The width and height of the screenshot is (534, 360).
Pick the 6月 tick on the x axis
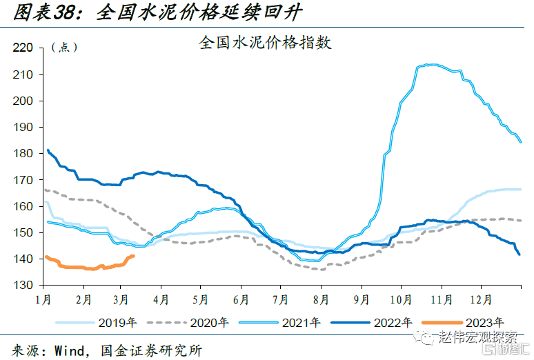pos(241,300)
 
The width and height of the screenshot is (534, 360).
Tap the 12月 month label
pos(481,300)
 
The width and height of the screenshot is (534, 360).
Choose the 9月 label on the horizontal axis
pos(361,300)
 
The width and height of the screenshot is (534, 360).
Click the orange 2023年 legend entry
pos(484,322)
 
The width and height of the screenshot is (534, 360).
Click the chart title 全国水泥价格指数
pos(266,43)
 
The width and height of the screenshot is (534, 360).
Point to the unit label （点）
pos(65,48)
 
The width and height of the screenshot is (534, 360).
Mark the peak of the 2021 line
pos(431,65)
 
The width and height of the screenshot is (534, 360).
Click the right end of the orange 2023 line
pos(133,256)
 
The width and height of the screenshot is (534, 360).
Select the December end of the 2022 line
pos(519,254)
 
